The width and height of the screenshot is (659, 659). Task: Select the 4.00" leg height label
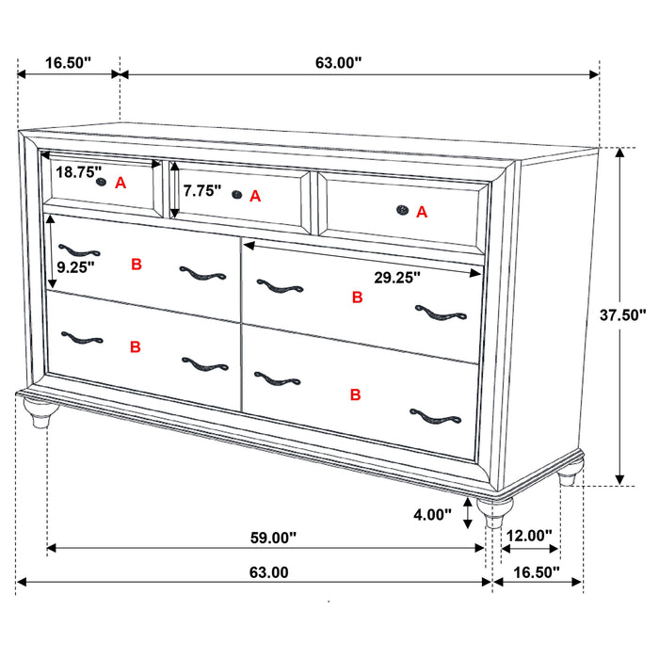[x=432, y=516]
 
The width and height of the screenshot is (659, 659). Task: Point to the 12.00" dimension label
[x=528, y=536]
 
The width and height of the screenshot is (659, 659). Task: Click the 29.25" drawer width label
[x=395, y=277]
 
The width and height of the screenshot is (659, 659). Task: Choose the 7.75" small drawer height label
[x=202, y=191]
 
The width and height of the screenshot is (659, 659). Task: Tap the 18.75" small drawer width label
[x=77, y=172]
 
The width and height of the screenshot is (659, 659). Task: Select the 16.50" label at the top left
[x=68, y=63]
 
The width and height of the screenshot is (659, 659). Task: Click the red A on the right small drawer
[x=422, y=213]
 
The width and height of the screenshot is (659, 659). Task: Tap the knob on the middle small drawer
[x=236, y=195]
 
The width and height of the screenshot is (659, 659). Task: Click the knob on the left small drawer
[x=100, y=184]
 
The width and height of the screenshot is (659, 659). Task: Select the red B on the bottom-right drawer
[x=355, y=394]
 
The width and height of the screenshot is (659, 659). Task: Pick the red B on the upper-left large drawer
[x=137, y=265]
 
